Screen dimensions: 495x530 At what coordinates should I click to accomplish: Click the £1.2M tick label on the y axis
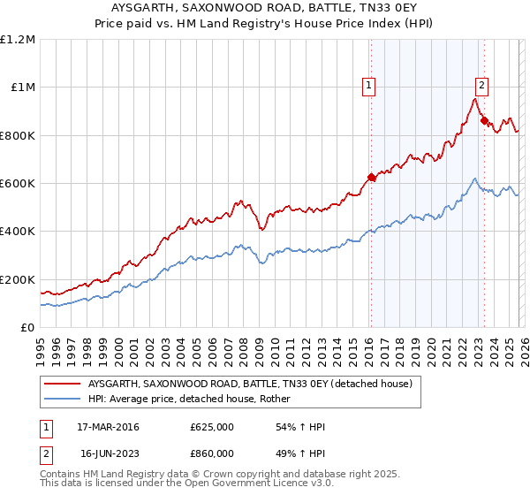coord(19,40)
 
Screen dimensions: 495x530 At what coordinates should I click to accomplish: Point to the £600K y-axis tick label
coord(19,184)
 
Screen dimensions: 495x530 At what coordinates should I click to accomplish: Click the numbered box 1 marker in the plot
coord(367,86)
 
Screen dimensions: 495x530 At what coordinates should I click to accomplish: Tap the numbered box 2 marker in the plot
coord(481,86)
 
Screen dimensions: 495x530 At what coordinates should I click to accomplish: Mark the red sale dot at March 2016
coord(371,178)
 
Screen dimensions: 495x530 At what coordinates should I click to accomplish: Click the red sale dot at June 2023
coord(484,121)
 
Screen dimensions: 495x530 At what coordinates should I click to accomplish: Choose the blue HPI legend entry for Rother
coord(194,399)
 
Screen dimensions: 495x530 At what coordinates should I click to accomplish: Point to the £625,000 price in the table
coord(211,427)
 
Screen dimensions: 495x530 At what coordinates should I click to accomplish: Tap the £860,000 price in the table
coord(211,453)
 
